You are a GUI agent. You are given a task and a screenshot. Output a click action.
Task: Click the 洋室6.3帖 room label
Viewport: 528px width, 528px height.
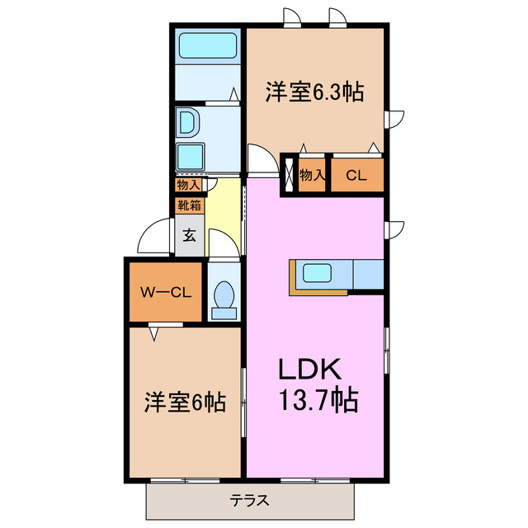(x=314, y=92)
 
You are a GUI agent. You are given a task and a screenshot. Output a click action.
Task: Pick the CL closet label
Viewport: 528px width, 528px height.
(x=356, y=175)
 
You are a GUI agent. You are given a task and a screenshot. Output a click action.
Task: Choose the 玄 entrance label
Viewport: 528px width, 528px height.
(x=189, y=236)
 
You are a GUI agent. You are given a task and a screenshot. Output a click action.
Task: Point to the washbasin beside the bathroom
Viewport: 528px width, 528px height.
(x=187, y=123)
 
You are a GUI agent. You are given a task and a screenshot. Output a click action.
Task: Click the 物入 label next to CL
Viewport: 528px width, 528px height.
(x=312, y=175)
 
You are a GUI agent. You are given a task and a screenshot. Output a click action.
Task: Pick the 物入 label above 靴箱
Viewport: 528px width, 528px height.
(x=188, y=185)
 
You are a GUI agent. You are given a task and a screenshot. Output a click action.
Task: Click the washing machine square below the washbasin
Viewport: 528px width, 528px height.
(x=191, y=156)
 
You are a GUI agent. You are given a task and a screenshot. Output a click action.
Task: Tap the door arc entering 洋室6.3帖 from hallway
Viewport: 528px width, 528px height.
(x=261, y=157)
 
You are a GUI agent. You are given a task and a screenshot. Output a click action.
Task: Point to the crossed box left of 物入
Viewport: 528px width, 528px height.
(x=290, y=175)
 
